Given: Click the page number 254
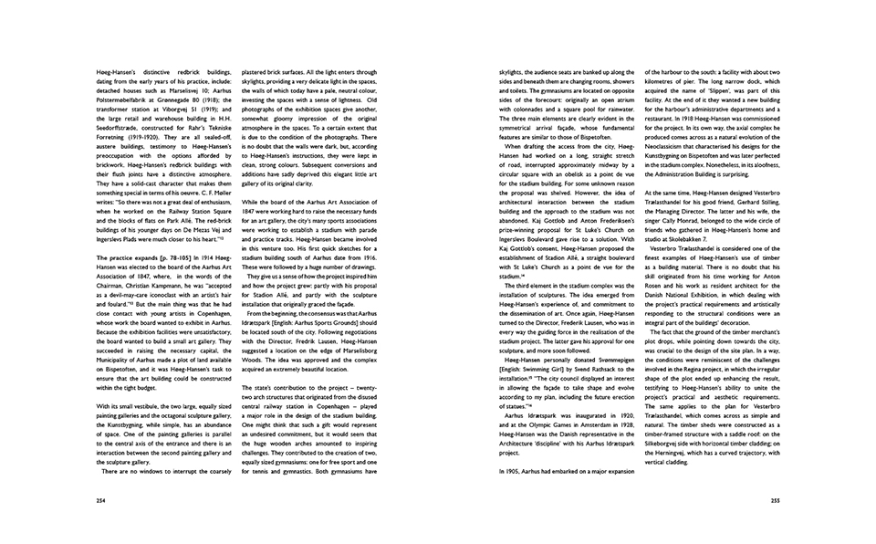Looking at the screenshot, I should tap(99, 500).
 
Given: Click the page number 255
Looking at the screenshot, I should tap(775, 500).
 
